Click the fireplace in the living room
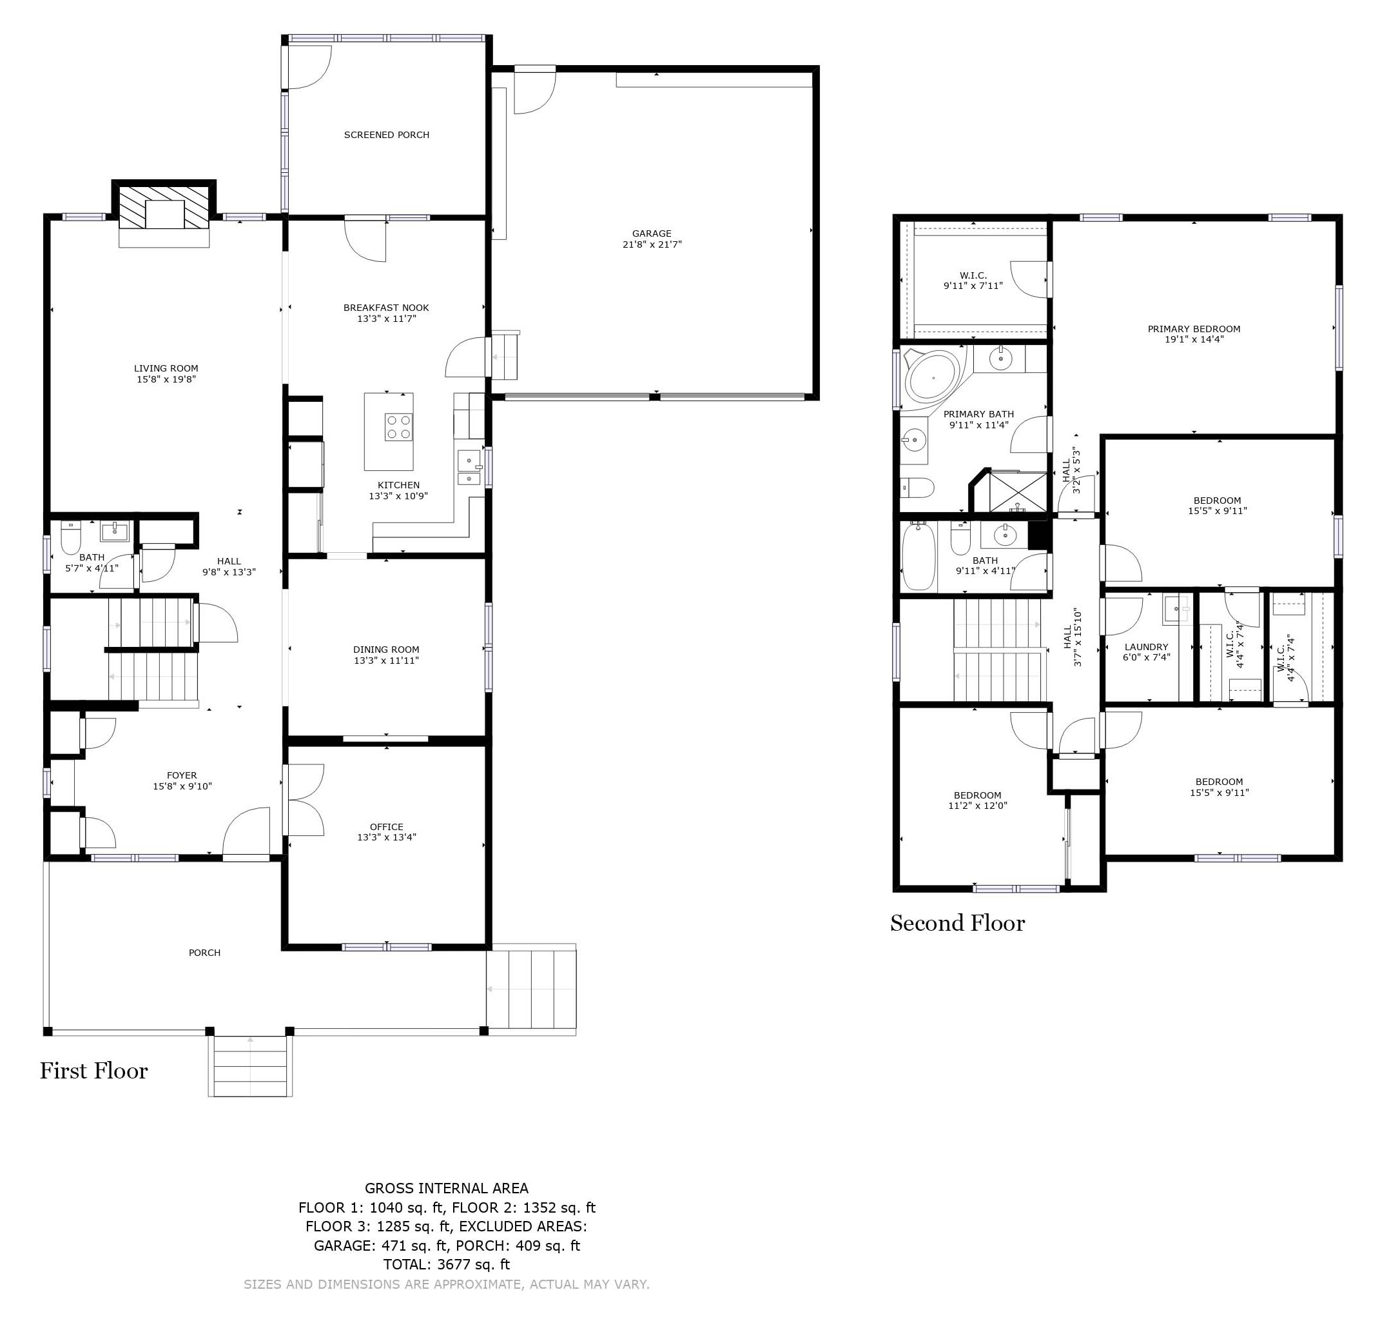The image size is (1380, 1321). pos(164,207)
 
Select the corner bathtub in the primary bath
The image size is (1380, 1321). pos(933,377)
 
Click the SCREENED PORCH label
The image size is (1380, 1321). pos(386,135)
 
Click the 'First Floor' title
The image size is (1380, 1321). pos(93,1071)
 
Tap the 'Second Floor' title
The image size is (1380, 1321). pos(957,923)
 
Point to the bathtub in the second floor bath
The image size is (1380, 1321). pos(918,555)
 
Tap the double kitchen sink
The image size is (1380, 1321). pos(469,469)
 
